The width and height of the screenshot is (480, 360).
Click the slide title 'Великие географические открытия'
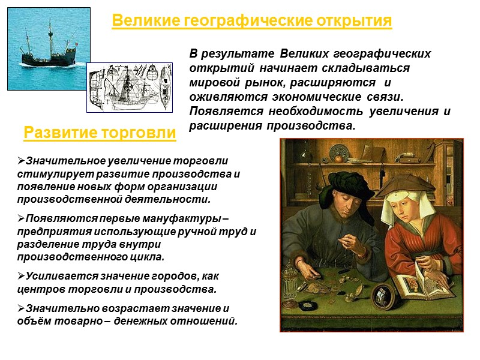252,22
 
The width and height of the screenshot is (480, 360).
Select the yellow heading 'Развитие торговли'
100,133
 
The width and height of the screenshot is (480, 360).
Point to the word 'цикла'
149,257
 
